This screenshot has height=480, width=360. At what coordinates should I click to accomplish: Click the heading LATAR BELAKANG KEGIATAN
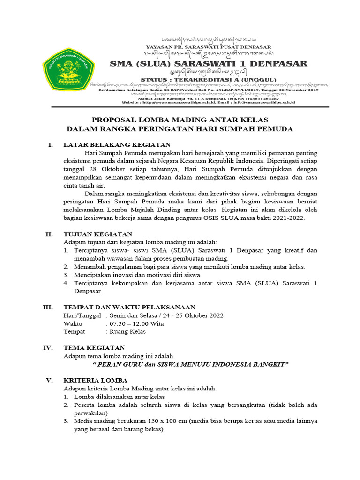pos(117,144)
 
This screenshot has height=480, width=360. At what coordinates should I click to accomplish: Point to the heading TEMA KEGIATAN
pos(94,348)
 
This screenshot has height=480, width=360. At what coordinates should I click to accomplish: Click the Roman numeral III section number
pos(48,307)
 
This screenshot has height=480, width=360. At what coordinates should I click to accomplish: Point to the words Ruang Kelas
pos(127,331)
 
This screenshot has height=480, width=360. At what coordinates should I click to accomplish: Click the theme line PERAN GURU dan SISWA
pos(191,364)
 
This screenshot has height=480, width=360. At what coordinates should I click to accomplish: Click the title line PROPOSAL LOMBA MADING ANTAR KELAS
pos(180,120)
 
